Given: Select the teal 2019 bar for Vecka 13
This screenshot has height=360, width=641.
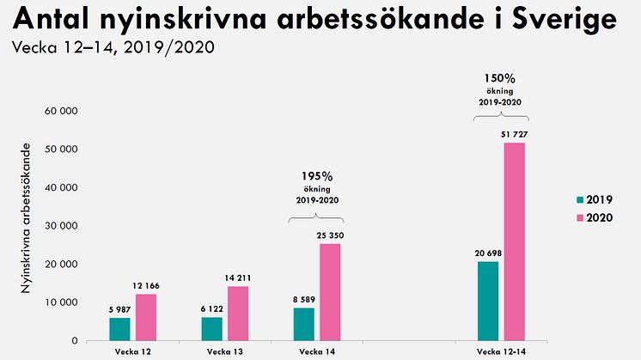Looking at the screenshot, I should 212,329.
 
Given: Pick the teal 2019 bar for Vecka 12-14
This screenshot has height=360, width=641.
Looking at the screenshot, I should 488,301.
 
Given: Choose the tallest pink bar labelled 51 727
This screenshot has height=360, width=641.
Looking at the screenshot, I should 514,241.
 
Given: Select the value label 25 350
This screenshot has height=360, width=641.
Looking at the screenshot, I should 330,235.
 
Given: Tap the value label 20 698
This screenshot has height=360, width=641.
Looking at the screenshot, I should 488,253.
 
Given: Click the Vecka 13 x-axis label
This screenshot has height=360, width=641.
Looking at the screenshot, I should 224,352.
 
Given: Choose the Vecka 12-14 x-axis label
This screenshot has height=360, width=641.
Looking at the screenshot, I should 501,352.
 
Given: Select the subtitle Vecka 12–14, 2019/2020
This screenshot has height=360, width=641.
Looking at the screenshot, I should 113,46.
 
